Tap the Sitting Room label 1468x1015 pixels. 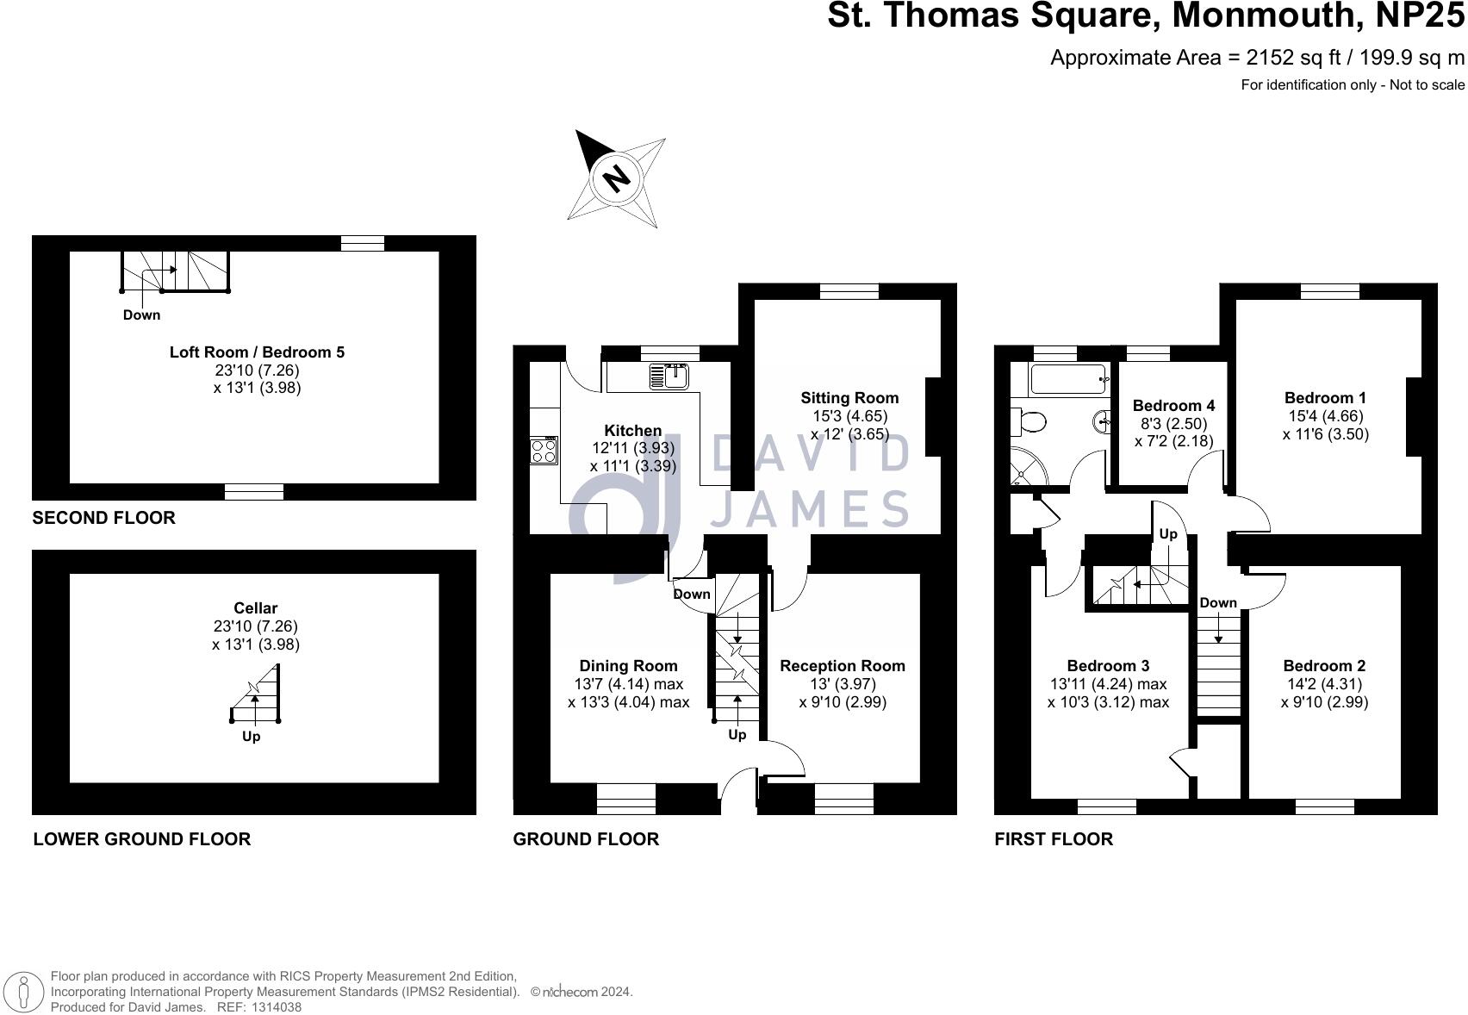click(x=849, y=398)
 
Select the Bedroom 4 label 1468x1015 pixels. click(x=1173, y=406)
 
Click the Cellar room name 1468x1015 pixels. click(x=256, y=608)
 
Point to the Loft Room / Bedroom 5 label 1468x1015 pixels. click(x=257, y=352)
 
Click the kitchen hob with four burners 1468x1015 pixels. click(x=544, y=451)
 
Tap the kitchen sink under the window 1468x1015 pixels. click(x=670, y=375)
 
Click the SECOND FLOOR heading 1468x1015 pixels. click(x=103, y=518)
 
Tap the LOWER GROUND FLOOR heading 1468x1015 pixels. click(x=141, y=839)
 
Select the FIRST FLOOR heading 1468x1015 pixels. click(x=1054, y=839)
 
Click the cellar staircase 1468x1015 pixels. click(x=256, y=698)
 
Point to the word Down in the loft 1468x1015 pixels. click(x=141, y=315)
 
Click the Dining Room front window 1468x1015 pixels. click(x=626, y=798)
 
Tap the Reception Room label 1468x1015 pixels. click(x=843, y=666)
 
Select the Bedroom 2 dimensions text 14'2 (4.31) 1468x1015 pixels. click(x=1324, y=684)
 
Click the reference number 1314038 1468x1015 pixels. click(x=271, y=1006)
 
